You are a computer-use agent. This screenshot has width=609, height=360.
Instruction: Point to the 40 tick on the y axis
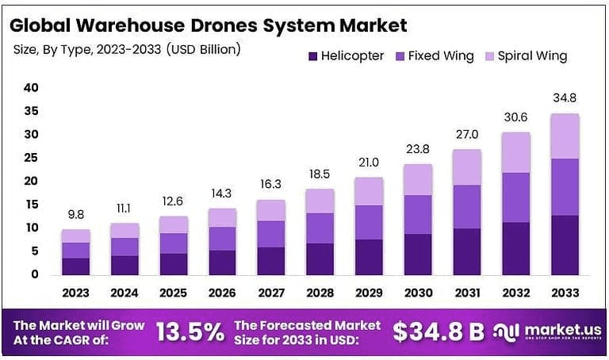coord(31,88)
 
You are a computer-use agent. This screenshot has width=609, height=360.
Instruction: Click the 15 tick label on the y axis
coord(31,205)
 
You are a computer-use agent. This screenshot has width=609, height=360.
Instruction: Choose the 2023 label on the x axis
coord(76,293)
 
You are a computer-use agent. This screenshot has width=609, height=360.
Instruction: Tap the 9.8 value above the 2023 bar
coord(76,214)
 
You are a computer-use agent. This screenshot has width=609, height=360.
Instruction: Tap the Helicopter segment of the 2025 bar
coord(173,264)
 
